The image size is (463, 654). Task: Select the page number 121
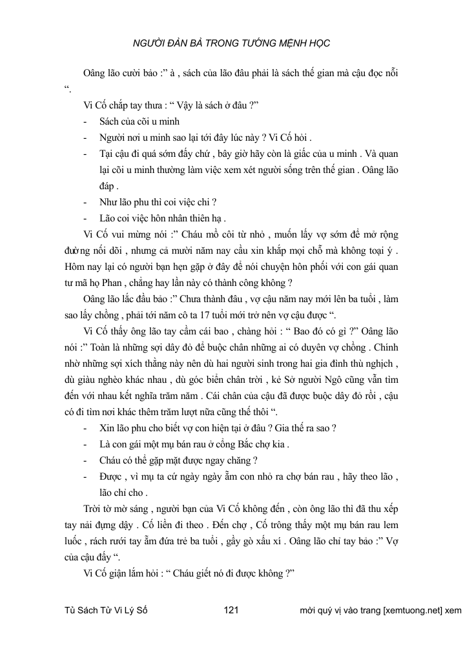[x=231, y=609]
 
